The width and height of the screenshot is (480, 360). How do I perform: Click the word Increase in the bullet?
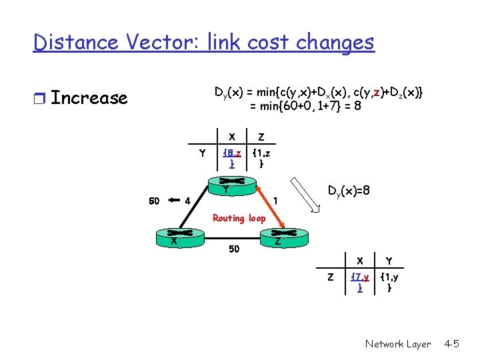(x=89, y=98)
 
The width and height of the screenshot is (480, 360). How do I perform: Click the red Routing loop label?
(x=239, y=218)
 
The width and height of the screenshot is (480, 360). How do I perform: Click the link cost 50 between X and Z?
(x=233, y=249)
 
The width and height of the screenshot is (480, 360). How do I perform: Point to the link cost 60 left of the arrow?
(x=154, y=199)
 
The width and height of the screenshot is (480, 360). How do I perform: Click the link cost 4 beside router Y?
(x=188, y=199)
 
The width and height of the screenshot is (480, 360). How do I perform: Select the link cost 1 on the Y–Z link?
(x=275, y=199)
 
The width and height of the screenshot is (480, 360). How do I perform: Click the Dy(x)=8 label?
(x=348, y=191)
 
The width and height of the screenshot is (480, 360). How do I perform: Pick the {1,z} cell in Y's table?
(x=261, y=158)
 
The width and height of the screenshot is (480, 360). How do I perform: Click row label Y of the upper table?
(x=202, y=153)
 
